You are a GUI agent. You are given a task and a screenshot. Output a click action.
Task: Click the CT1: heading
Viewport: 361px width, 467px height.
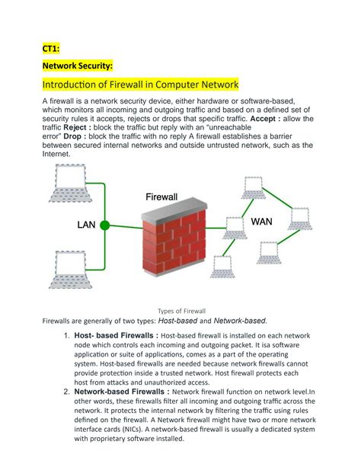(x=51, y=48)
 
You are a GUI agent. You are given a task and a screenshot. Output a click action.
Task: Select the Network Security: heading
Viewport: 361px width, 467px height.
(x=78, y=66)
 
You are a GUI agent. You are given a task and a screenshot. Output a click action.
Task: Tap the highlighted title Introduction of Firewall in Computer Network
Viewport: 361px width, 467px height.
(x=140, y=85)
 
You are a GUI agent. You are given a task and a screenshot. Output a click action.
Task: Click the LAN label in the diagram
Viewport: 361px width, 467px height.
(x=86, y=225)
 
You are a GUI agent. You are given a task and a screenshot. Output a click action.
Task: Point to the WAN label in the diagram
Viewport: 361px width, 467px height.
(x=261, y=222)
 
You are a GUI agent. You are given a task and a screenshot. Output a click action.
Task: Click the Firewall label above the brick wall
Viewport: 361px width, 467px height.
(x=161, y=197)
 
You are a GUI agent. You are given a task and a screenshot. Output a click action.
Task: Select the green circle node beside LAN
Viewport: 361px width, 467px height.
(x=104, y=226)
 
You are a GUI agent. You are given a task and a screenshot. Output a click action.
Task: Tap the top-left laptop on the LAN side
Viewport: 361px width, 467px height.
(x=70, y=183)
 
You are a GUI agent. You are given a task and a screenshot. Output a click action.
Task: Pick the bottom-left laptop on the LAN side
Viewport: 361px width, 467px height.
(x=70, y=270)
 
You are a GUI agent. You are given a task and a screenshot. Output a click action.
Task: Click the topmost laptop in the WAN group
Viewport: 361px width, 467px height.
(x=254, y=187)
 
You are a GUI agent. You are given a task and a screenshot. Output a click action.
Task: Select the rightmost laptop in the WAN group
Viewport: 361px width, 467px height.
(x=300, y=219)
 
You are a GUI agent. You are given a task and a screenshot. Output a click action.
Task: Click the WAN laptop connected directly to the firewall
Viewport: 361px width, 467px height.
(x=235, y=228)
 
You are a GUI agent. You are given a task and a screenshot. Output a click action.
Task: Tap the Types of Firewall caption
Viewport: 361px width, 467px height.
(x=182, y=312)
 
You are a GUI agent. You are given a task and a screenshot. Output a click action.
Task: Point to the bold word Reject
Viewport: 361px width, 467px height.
(x=75, y=127)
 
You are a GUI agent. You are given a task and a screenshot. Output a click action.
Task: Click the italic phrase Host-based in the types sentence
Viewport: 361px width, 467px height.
(x=177, y=321)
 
